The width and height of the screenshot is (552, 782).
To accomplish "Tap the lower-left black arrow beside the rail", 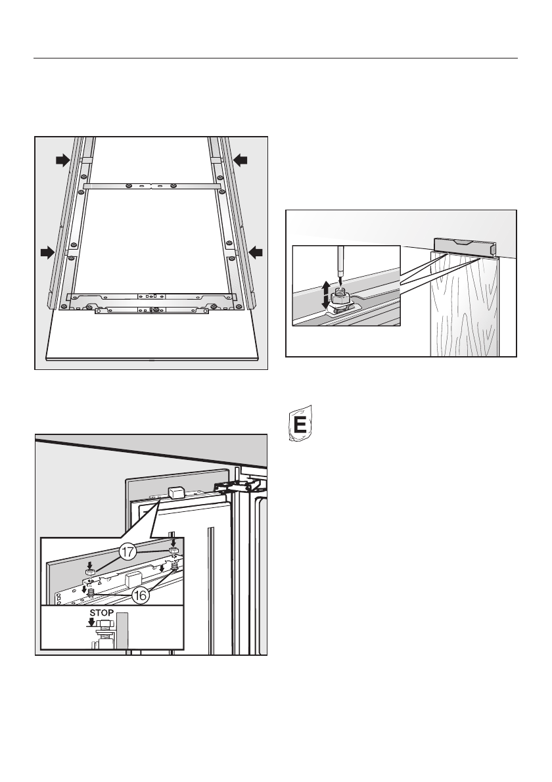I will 47,250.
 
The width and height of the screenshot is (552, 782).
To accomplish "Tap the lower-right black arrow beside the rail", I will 256,250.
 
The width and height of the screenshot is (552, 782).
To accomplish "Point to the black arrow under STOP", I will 99,625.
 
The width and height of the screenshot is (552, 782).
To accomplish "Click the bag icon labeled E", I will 300,426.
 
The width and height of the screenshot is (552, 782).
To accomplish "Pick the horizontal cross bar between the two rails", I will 151,186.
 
